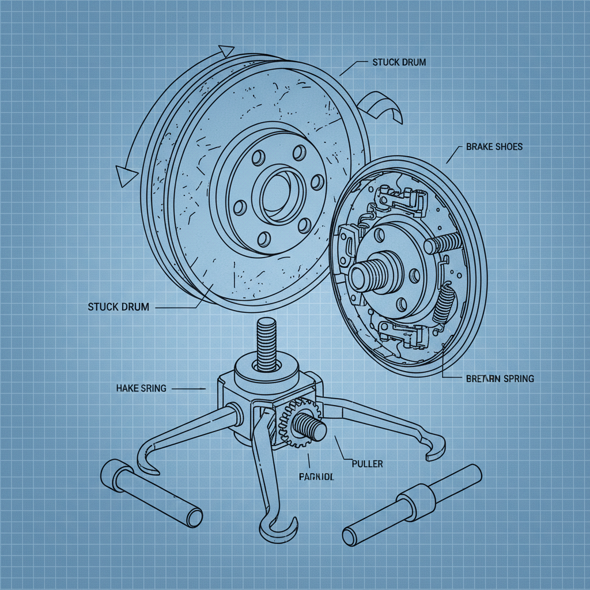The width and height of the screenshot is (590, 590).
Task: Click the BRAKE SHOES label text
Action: click(494, 147)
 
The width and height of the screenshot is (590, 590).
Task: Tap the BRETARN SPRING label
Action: click(498, 379)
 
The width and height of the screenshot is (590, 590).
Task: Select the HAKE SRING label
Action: click(141, 388)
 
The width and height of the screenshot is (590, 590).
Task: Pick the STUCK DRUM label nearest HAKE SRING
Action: click(118, 307)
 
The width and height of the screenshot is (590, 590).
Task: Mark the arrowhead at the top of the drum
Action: click(225, 51)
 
